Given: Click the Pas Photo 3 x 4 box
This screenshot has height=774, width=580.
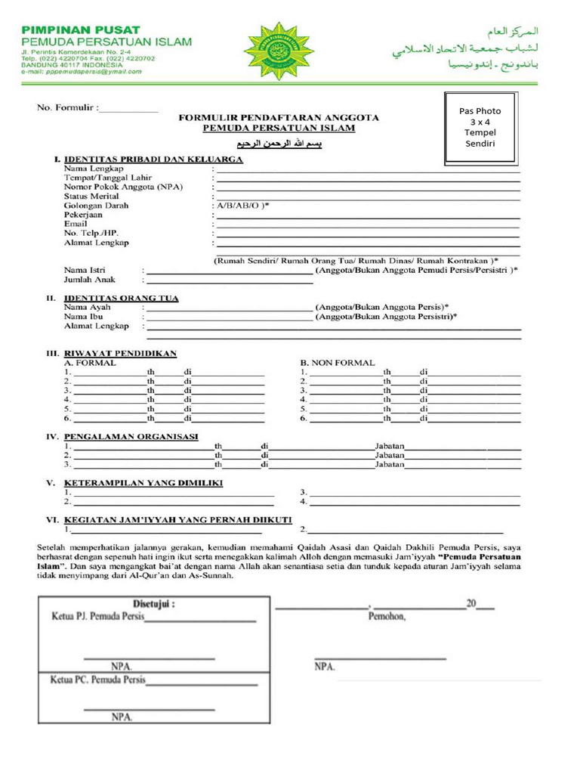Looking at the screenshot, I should point(480,128).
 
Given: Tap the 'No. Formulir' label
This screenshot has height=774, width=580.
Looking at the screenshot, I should point(67,108).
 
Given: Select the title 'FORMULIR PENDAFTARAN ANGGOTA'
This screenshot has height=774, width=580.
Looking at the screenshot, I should point(279,118).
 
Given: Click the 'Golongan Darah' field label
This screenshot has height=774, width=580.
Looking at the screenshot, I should point(96,206).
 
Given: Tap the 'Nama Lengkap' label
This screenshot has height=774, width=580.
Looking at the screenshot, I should point(94,168).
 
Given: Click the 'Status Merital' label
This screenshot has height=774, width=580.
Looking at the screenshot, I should point(91,196).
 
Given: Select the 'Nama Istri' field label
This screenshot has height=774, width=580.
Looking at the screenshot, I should point(85,270).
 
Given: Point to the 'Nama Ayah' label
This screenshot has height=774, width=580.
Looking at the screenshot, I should point(87,308).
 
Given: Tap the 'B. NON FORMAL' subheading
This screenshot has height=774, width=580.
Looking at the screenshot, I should point(338,363).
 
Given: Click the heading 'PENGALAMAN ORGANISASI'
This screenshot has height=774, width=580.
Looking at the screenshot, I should point(131,437).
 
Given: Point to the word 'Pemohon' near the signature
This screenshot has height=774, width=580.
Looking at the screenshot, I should point(387,617).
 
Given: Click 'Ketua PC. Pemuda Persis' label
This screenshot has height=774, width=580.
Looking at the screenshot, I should point(97,679).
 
